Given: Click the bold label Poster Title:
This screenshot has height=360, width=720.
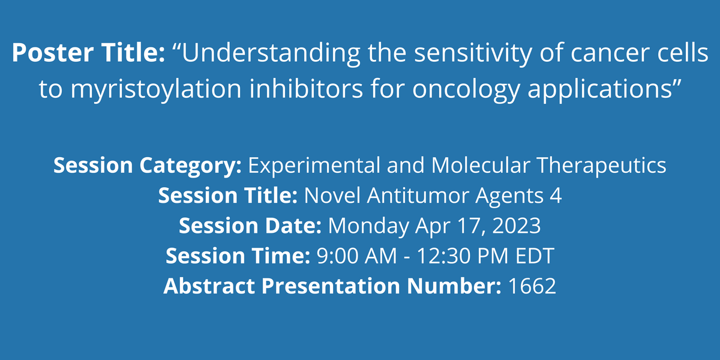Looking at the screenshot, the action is pyautogui.click(x=88, y=52).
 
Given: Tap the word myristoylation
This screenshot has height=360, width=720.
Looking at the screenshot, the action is pyautogui.click(x=156, y=89).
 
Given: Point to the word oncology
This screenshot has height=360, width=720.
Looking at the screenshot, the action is pyautogui.click(x=466, y=89).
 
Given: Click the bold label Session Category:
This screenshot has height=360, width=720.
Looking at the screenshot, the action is pyautogui.click(x=148, y=166).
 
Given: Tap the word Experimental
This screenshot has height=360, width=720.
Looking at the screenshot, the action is pyautogui.click(x=314, y=166).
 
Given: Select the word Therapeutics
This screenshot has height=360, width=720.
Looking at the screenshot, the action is pyautogui.click(x=602, y=166).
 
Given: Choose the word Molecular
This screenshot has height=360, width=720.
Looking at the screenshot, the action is pyautogui.click(x=481, y=165).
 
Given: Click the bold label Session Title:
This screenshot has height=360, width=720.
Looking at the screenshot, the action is pyautogui.click(x=228, y=195).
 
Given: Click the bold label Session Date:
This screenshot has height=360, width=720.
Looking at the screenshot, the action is pyautogui.click(x=250, y=226).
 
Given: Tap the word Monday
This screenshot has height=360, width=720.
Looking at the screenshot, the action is pyautogui.click(x=368, y=226).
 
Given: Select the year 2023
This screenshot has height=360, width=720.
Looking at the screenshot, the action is pyautogui.click(x=517, y=226).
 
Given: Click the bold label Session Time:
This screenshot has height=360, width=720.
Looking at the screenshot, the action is pyautogui.click(x=238, y=256).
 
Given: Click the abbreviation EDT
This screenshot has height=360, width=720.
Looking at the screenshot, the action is pyautogui.click(x=535, y=256).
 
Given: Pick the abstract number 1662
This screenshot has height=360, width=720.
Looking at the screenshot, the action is pyautogui.click(x=532, y=286).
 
